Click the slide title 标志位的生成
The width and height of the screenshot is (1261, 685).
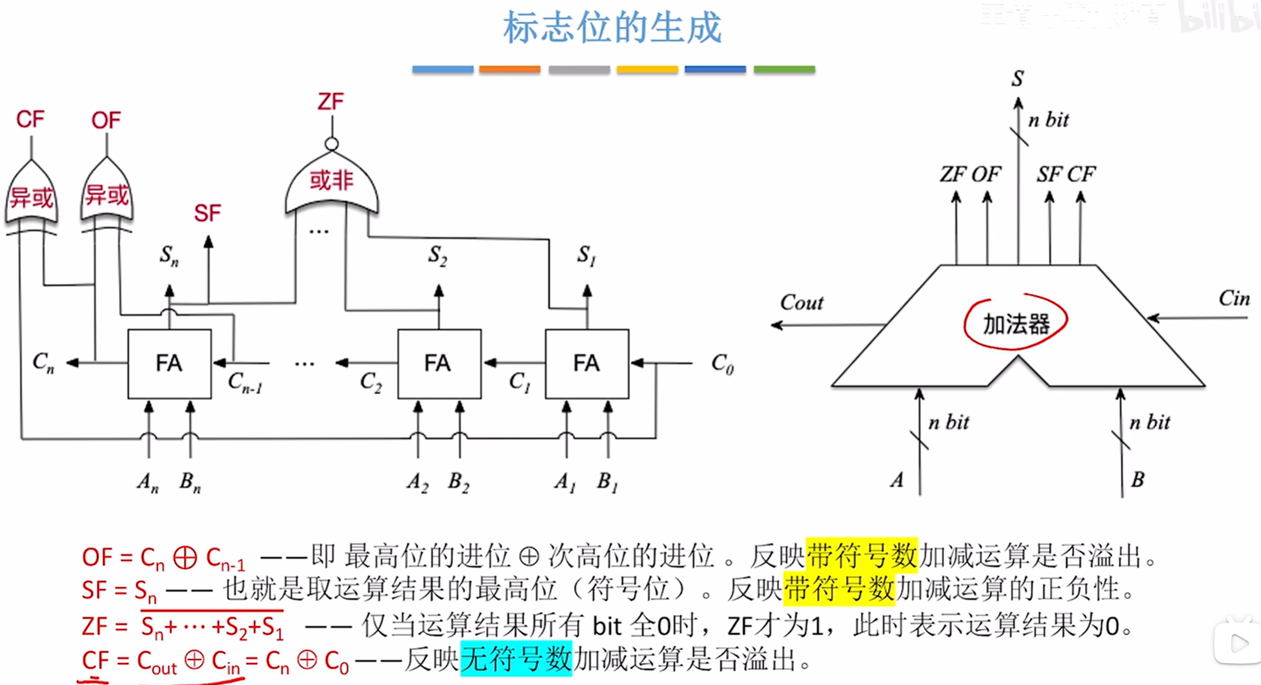[x=612, y=27]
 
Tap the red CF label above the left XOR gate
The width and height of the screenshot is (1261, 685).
[x=30, y=119]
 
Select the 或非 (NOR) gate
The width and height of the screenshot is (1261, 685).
[x=332, y=182]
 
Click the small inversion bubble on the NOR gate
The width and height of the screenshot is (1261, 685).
[x=332, y=144]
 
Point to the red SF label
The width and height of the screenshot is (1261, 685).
[x=207, y=213]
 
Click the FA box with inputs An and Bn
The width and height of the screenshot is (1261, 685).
[x=169, y=364]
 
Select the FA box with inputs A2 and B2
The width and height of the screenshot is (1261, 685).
[x=439, y=364]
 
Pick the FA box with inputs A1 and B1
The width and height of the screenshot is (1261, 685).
[x=587, y=364]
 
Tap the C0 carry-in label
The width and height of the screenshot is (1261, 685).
[x=722, y=364]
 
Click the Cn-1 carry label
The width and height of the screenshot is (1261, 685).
[x=245, y=382]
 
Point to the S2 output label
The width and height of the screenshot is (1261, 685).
[x=438, y=255]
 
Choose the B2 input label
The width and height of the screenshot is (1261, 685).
[x=458, y=482]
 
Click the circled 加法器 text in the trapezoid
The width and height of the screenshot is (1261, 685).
[x=1016, y=323]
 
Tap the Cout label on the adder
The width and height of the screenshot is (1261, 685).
[x=802, y=302]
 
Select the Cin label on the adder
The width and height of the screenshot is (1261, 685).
[x=1234, y=299]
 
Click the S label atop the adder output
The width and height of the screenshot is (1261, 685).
[x=1018, y=79]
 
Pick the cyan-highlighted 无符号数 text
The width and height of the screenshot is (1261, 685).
[x=516, y=659]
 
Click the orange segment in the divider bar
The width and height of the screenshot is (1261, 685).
[x=510, y=69]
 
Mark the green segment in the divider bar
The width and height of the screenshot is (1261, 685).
[x=784, y=69]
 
